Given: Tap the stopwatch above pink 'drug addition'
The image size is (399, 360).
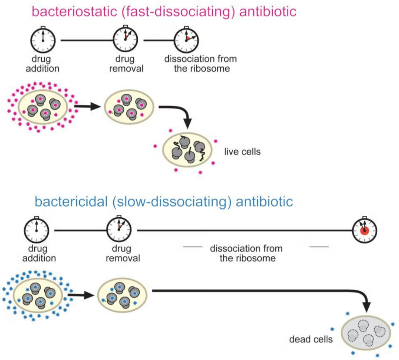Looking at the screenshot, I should pos(43,39).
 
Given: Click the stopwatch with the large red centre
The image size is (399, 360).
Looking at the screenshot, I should pos(364,231).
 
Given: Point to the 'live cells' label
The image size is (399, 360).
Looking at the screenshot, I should pos(242,152).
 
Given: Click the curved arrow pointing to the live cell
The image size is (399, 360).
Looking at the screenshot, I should pos(177,113).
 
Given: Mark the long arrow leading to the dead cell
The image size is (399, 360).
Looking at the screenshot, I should pos(258,291).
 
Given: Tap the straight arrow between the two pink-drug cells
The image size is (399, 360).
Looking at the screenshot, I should pos(87,107).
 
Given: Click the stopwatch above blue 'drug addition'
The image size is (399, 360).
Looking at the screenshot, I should pos(37,230).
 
